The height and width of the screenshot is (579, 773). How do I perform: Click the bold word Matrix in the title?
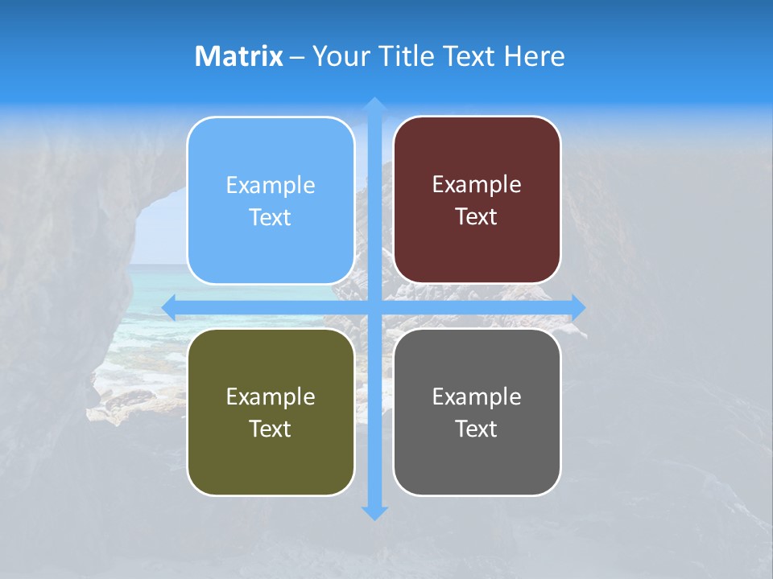pos(239,56)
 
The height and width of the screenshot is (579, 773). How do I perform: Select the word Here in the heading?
pos(535,56)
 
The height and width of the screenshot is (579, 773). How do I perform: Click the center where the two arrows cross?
pos(374,307)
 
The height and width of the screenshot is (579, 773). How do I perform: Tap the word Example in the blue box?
pos(271,186)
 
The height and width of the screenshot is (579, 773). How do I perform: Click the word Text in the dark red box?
pos(477,217)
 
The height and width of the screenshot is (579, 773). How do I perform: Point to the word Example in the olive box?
pos(271,396)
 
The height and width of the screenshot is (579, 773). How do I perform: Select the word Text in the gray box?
pos(477,429)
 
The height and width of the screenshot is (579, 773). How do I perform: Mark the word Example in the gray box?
pos(477,396)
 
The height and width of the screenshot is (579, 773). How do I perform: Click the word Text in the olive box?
pos(271,429)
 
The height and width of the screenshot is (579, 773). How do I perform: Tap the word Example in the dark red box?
pos(477,185)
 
